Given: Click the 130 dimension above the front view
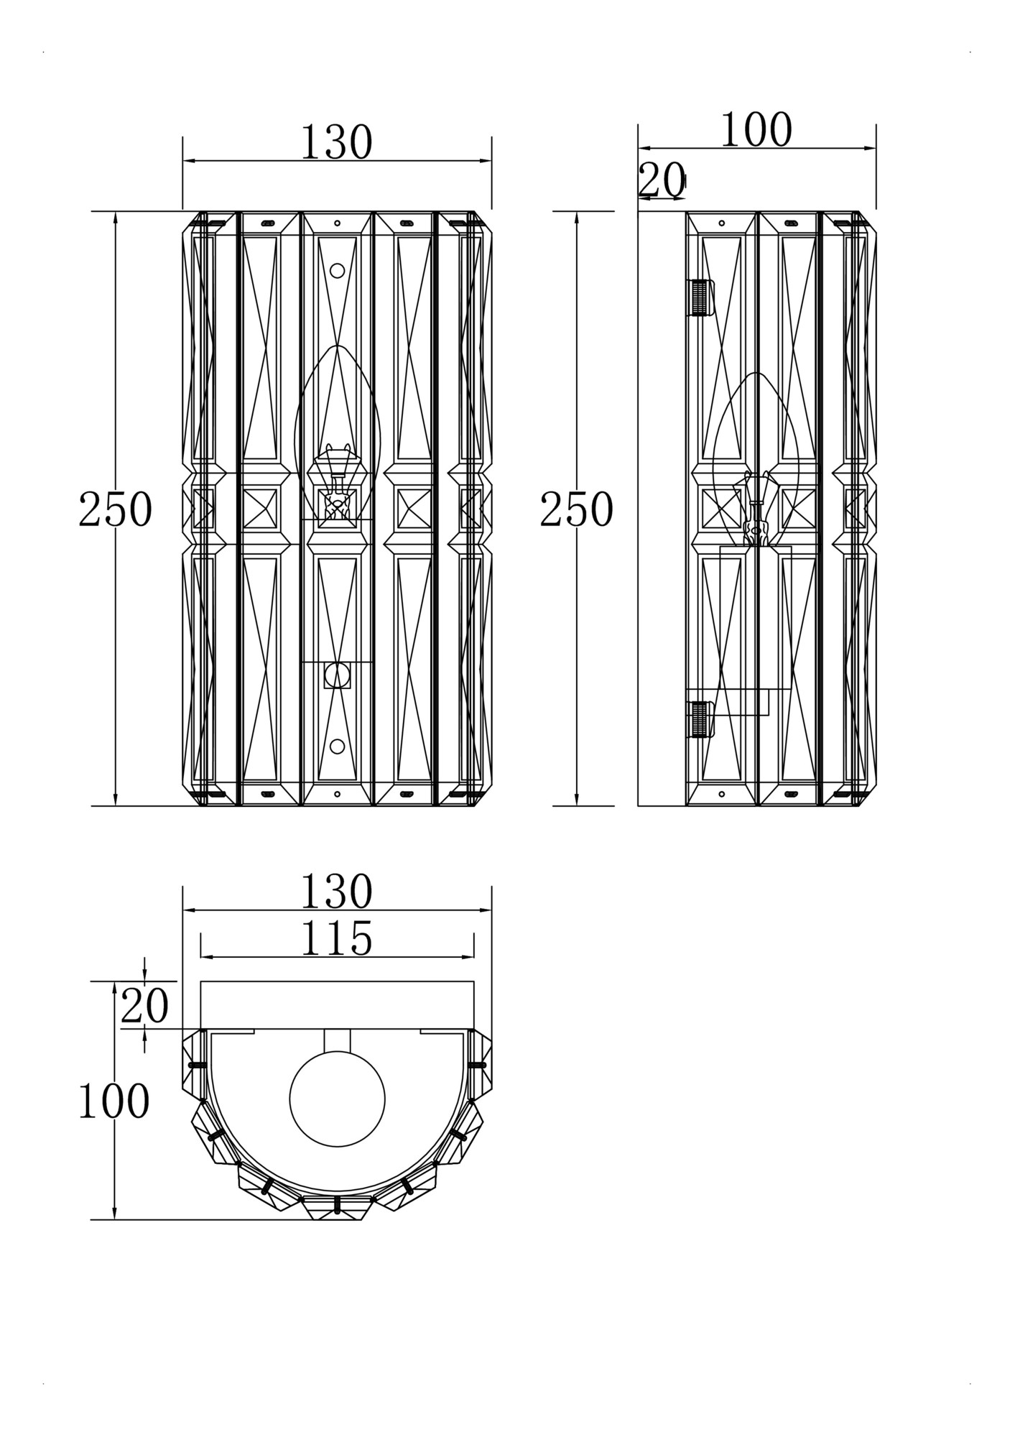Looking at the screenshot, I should [x=336, y=142].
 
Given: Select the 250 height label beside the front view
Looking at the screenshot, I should [x=115, y=509].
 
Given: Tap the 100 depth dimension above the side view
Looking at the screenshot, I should [x=756, y=131].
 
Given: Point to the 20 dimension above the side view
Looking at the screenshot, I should [x=662, y=180].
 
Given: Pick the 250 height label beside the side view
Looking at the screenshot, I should [x=576, y=509].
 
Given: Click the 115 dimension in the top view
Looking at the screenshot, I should [x=336, y=938].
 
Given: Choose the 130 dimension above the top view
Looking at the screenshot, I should [x=336, y=892].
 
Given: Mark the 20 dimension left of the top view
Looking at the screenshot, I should [x=144, y=1006].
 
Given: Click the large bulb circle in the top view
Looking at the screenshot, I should [x=337, y=1099].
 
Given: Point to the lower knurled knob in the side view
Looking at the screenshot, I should [x=701, y=719].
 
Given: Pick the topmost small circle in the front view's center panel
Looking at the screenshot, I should [x=337, y=271].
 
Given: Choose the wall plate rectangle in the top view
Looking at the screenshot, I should [x=337, y=1004].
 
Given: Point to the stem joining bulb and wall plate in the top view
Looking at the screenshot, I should [x=337, y=1040].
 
